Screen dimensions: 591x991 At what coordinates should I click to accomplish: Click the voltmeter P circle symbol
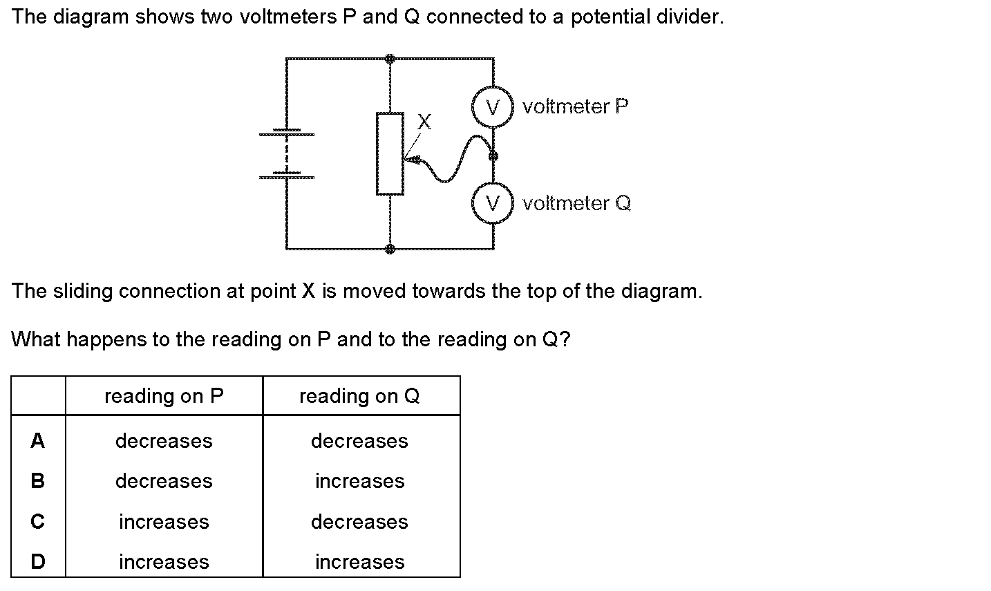click(493, 107)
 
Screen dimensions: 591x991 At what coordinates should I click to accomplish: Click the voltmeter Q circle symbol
click(493, 203)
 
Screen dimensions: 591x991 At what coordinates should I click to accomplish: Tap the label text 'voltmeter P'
click(576, 106)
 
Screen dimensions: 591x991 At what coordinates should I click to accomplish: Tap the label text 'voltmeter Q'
click(577, 203)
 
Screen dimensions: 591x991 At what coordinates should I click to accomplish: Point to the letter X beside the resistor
click(424, 122)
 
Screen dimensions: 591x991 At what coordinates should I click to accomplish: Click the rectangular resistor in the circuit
click(390, 153)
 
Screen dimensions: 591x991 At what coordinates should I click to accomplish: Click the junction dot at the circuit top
click(390, 59)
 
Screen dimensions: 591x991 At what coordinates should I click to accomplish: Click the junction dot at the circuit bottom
click(390, 248)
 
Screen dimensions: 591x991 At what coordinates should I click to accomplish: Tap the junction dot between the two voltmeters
click(493, 156)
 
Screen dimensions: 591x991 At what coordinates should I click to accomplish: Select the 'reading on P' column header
click(164, 396)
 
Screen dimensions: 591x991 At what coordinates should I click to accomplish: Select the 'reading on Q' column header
click(359, 396)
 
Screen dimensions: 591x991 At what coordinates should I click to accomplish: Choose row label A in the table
click(38, 441)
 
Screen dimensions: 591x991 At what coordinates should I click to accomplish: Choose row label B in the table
click(38, 481)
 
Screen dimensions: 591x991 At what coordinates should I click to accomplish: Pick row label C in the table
click(38, 522)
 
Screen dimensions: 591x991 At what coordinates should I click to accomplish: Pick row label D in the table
click(38, 562)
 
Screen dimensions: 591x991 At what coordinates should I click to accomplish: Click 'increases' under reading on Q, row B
click(359, 481)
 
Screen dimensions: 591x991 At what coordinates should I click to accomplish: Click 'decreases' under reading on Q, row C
click(359, 522)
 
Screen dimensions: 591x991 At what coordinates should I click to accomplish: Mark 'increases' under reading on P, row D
click(164, 562)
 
